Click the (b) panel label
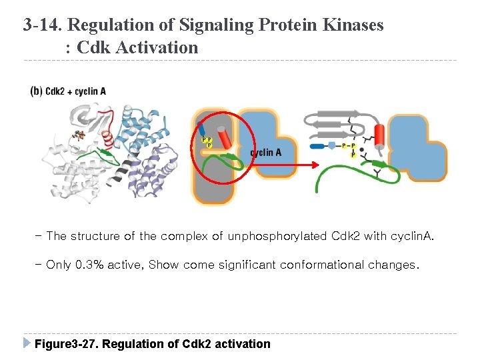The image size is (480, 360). click(x=36, y=91)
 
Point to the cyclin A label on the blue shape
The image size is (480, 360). click(x=265, y=153)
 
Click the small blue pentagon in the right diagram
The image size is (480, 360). click(x=331, y=145)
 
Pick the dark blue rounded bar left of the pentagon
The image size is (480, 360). click(x=316, y=145)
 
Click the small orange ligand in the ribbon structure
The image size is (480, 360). click(x=79, y=136)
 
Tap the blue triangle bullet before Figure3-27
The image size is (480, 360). click(x=27, y=343)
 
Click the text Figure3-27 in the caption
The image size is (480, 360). click(x=65, y=344)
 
